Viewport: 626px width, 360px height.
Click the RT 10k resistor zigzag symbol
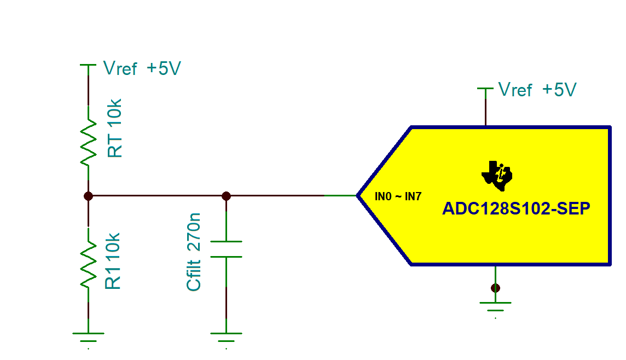[x=88, y=143]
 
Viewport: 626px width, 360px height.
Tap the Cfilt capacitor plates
[x=226, y=249]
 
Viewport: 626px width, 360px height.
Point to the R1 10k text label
[x=113, y=261]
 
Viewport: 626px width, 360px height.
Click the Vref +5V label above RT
[x=142, y=69]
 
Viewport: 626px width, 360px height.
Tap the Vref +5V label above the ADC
[x=537, y=90]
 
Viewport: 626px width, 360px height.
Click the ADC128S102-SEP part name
[x=516, y=209]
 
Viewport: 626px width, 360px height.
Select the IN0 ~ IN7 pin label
[x=398, y=196]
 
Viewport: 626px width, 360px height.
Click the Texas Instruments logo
[x=497, y=176]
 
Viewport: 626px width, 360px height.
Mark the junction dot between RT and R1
[x=88, y=195]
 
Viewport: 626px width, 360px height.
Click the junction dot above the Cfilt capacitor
[x=226, y=195]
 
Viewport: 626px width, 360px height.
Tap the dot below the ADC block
[x=495, y=288]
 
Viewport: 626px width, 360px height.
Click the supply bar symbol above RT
[x=88, y=65]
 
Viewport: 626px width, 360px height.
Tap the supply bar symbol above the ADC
[x=485, y=88]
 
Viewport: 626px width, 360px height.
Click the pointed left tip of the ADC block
[x=359, y=195]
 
